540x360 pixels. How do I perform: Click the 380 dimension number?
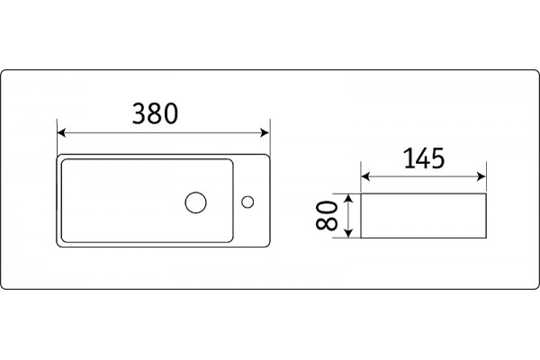(156, 113)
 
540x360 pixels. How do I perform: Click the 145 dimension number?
(424, 158)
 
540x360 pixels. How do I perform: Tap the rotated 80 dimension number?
(326, 216)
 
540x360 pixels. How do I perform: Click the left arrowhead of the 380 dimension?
(61, 132)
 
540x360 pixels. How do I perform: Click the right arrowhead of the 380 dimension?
(265, 132)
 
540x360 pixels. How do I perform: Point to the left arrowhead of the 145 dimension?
(365, 176)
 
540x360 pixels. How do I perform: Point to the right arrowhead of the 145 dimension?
(481, 176)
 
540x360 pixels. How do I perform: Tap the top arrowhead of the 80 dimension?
(349, 198)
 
